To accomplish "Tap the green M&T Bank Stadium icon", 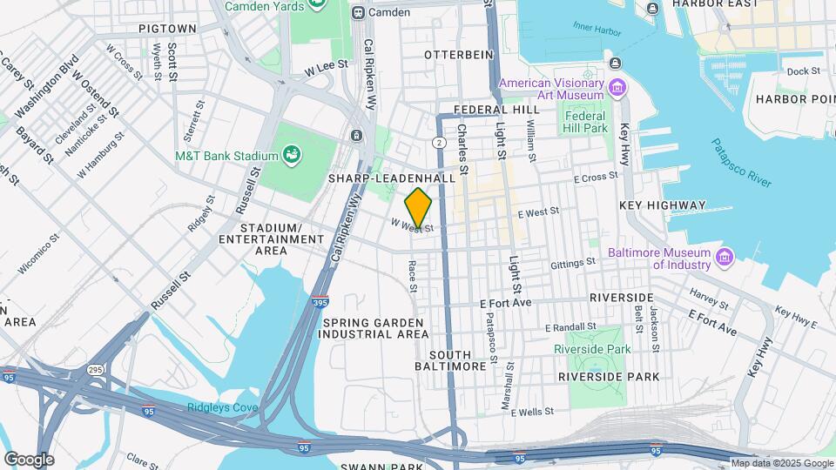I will tap(293, 156).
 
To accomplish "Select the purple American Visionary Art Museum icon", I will tap(617, 87).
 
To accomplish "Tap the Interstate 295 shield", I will tap(95, 370).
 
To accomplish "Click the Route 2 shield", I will tap(440, 141).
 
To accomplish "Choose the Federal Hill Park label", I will tap(584, 122).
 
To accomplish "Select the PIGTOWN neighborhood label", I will tap(167, 29).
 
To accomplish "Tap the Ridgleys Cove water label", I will tap(222, 408).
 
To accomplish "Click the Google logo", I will tap(28, 460).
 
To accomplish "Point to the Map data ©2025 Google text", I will tap(781, 463).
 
